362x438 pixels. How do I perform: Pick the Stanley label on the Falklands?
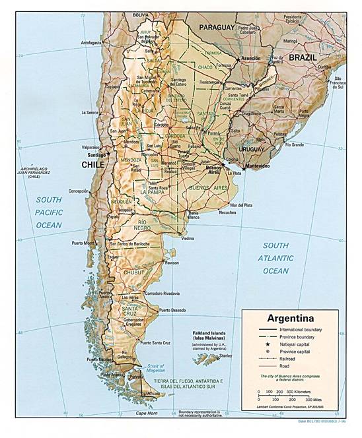226,356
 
